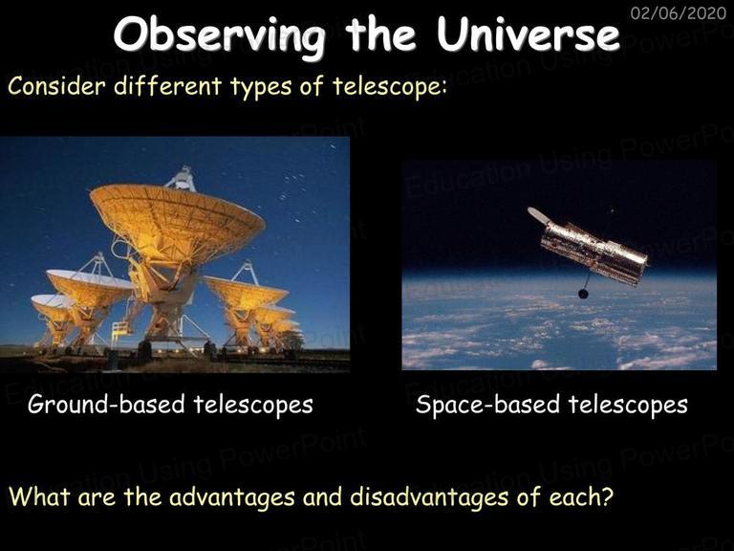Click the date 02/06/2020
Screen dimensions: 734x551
[x=679, y=12]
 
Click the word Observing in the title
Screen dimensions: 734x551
[x=219, y=36]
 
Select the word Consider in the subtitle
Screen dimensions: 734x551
[x=56, y=86]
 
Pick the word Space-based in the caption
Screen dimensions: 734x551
[x=487, y=405]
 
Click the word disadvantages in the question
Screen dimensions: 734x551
[x=429, y=497]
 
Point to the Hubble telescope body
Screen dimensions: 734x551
[x=594, y=253]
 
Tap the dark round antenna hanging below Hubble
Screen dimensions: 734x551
[x=583, y=294]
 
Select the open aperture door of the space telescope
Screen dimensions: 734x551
[x=538, y=215]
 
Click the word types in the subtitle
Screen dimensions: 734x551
[x=261, y=88]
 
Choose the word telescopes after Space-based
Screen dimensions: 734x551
[x=628, y=405]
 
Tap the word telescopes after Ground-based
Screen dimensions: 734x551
[x=253, y=404]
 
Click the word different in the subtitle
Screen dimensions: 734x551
[x=168, y=86]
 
